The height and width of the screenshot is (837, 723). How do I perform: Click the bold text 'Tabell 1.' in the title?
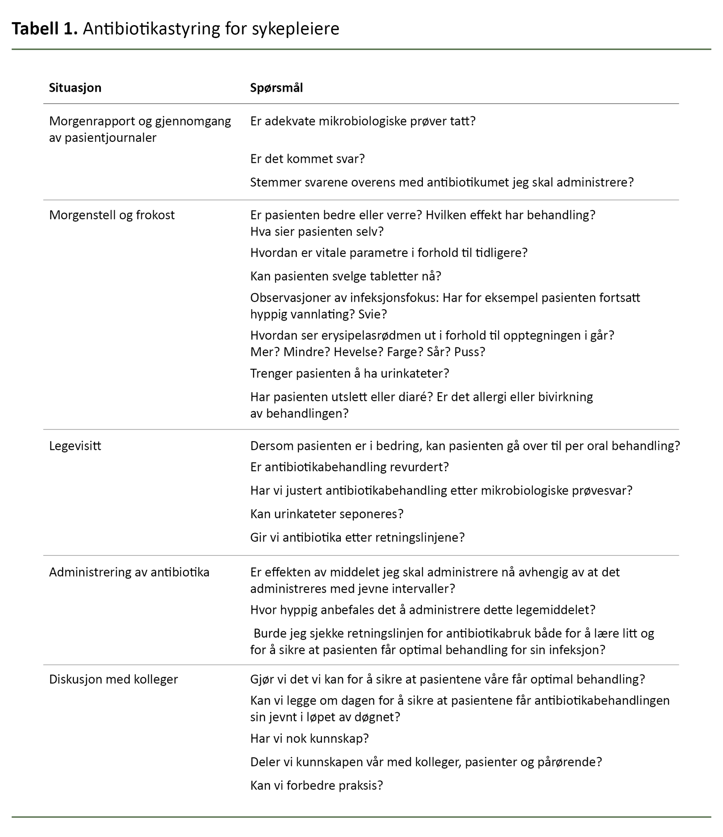(x=44, y=29)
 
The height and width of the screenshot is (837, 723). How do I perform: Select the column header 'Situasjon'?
(x=75, y=88)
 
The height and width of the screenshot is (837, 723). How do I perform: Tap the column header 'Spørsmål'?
(x=276, y=88)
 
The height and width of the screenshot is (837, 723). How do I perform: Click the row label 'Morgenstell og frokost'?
(x=112, y=215)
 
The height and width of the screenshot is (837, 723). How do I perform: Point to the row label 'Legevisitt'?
(x=75, y=446)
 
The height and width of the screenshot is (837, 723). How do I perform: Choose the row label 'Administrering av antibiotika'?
(x=129, y=572)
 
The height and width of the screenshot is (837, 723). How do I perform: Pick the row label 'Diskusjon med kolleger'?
(x=113, y=679)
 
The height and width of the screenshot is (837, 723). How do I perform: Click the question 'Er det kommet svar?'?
(x=307, y=159)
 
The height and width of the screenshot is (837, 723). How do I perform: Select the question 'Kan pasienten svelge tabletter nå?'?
(x=345, y=276)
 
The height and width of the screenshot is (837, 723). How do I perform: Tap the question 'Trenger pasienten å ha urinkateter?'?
(x=349, y=373)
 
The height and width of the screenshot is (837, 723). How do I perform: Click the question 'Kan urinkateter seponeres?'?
(x=327, y=514)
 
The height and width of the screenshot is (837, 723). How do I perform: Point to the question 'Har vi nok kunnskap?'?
(x=309, y=738)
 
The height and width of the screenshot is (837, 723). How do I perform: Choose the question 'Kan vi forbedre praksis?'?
(x=316, y=785)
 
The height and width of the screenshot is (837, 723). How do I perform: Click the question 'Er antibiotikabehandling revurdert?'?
(x=349, y=467)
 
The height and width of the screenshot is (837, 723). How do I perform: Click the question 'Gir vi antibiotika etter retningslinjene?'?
(x=357, y=537)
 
